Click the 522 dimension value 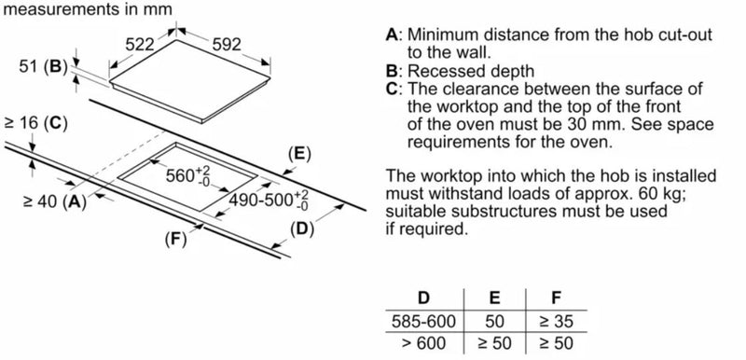point(140,45)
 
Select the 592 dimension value point(227,45)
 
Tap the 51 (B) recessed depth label point(41,67)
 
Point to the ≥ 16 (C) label point(35,124)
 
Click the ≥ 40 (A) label point(55,201)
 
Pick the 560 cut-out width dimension point(188,175)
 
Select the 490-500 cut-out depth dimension point(269,200)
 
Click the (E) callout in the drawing point(299,154)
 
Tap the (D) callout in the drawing point(302,229)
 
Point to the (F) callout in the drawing point(176,239)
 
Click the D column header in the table point(423,298)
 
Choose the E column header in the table point(495,298)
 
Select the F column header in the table point(556,298)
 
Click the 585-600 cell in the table point(423,322)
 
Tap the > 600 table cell point(423,343)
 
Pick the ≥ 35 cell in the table point(556,322)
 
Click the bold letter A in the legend point(391,35)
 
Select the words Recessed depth point(471,71)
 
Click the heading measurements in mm point(88,8)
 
